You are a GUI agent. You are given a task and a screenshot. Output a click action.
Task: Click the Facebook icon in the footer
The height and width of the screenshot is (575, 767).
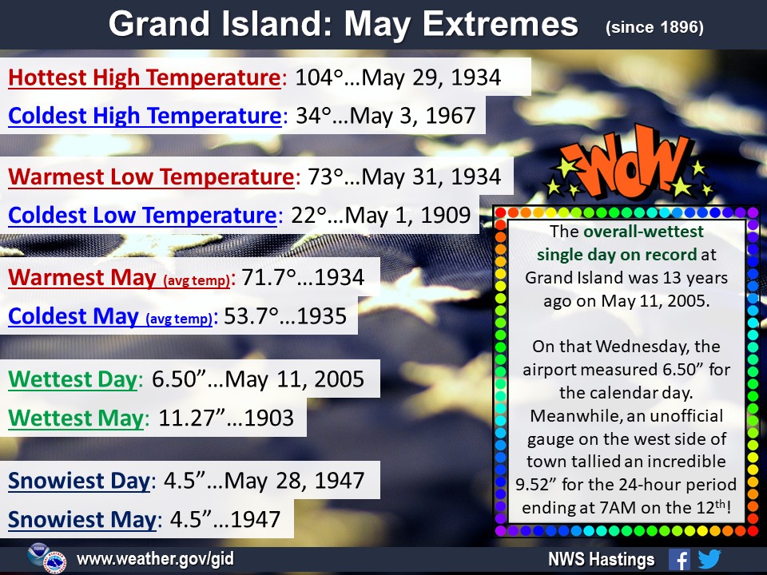click(x=679, y=559)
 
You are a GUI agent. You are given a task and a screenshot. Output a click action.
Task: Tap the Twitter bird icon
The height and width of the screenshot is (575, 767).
click(x=709, y=559)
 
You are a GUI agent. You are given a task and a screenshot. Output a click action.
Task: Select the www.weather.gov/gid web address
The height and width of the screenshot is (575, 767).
click(x=156, y=558)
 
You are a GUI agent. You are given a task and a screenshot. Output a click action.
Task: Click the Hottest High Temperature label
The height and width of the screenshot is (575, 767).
click(x=145, y=77)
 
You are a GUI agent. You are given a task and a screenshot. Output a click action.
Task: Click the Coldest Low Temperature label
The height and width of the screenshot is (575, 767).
click(x=142, y=215)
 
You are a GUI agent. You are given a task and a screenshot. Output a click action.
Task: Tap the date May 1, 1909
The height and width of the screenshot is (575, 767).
click(x=408, y=215)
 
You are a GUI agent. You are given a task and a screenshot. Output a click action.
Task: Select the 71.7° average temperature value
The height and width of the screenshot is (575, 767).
click(x=269, y=277)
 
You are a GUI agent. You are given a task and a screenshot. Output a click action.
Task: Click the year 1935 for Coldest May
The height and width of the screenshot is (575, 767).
click(x=322, y=316)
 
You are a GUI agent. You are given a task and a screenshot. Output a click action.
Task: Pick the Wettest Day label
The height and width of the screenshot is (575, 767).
click(x=73, y=379)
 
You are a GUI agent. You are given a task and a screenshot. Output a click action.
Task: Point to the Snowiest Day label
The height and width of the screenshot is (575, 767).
click(x=79, y=481)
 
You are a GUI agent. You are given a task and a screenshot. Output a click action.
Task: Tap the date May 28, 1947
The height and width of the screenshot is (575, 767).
click(x=295, y=481)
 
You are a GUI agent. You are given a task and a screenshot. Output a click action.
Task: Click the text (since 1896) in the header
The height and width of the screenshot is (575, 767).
click(x=654, y=27)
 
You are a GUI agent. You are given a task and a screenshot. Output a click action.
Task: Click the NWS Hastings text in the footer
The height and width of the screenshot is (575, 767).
click(x=601, y=559)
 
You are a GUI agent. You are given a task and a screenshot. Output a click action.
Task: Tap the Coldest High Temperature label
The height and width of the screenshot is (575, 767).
click(x=145, y=116)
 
